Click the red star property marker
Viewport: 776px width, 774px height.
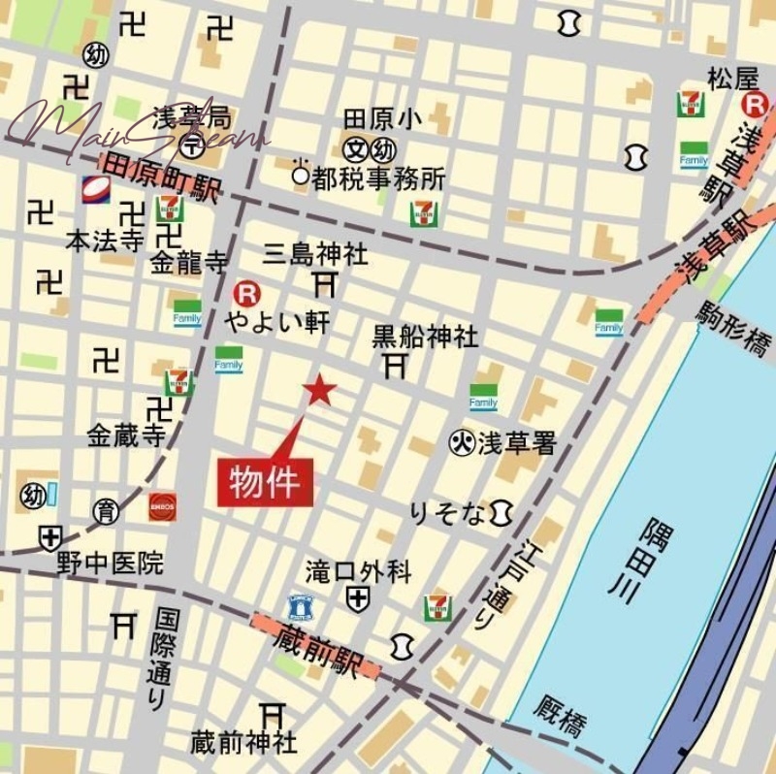(319, 390)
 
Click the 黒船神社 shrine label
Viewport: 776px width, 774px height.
(425, 337)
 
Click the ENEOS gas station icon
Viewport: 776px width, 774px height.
(162, 505)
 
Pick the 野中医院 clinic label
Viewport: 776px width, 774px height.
(110, 563)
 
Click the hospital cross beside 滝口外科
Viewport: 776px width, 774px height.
(358, 598)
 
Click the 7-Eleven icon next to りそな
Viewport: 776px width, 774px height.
(437, 607)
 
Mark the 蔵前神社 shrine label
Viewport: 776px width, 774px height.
(243, 743)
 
